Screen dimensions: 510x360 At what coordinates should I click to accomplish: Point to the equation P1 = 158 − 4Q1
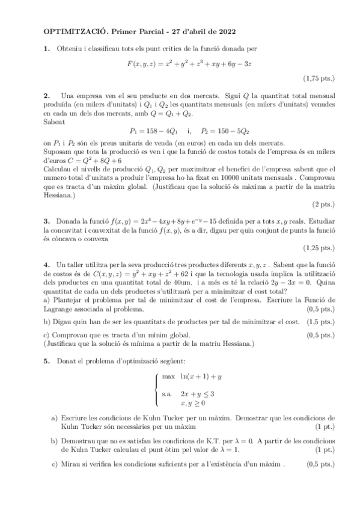pyautogui.click(x=153, y=131)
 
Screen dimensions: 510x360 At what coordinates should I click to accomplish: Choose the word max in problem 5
pyautogui.click(x=168, y=376)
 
